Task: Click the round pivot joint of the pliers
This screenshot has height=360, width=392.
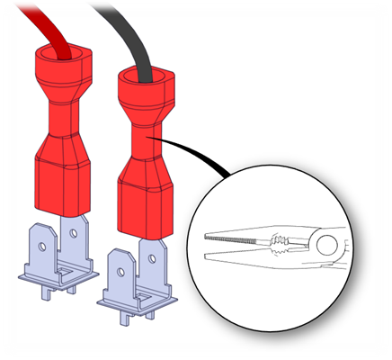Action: [x=327, y=243]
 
